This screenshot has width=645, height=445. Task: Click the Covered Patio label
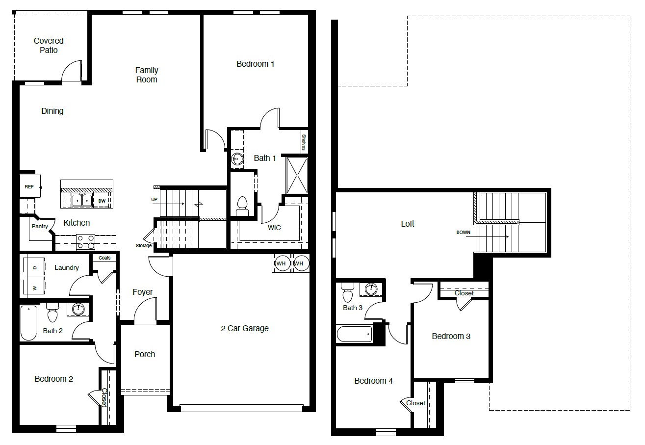click(49, 46)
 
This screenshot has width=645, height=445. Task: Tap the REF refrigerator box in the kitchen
click(29, 187)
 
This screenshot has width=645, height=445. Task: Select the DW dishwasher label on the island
click(102, 201)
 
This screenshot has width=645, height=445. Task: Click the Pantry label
click(40, 226)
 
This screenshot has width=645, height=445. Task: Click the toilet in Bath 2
click(52, 312)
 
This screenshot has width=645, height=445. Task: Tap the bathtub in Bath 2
click(28, 323)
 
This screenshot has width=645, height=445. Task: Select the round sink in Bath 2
click(78, 309)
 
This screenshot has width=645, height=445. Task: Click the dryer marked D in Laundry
click(34, 268)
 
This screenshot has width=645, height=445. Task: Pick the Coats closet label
click(104, 258)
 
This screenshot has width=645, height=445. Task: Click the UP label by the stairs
click(155, 200)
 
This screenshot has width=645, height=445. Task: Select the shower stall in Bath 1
click(297, 175)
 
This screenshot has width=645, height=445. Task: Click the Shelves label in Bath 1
click(304, 142)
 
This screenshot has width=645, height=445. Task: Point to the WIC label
click(274, 228)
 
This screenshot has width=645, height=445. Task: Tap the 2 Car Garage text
click(244, 328)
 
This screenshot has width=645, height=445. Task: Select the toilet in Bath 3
click(348, 293)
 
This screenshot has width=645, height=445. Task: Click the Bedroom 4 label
click(373, 381)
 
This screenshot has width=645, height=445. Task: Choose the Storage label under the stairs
click(144, 245)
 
